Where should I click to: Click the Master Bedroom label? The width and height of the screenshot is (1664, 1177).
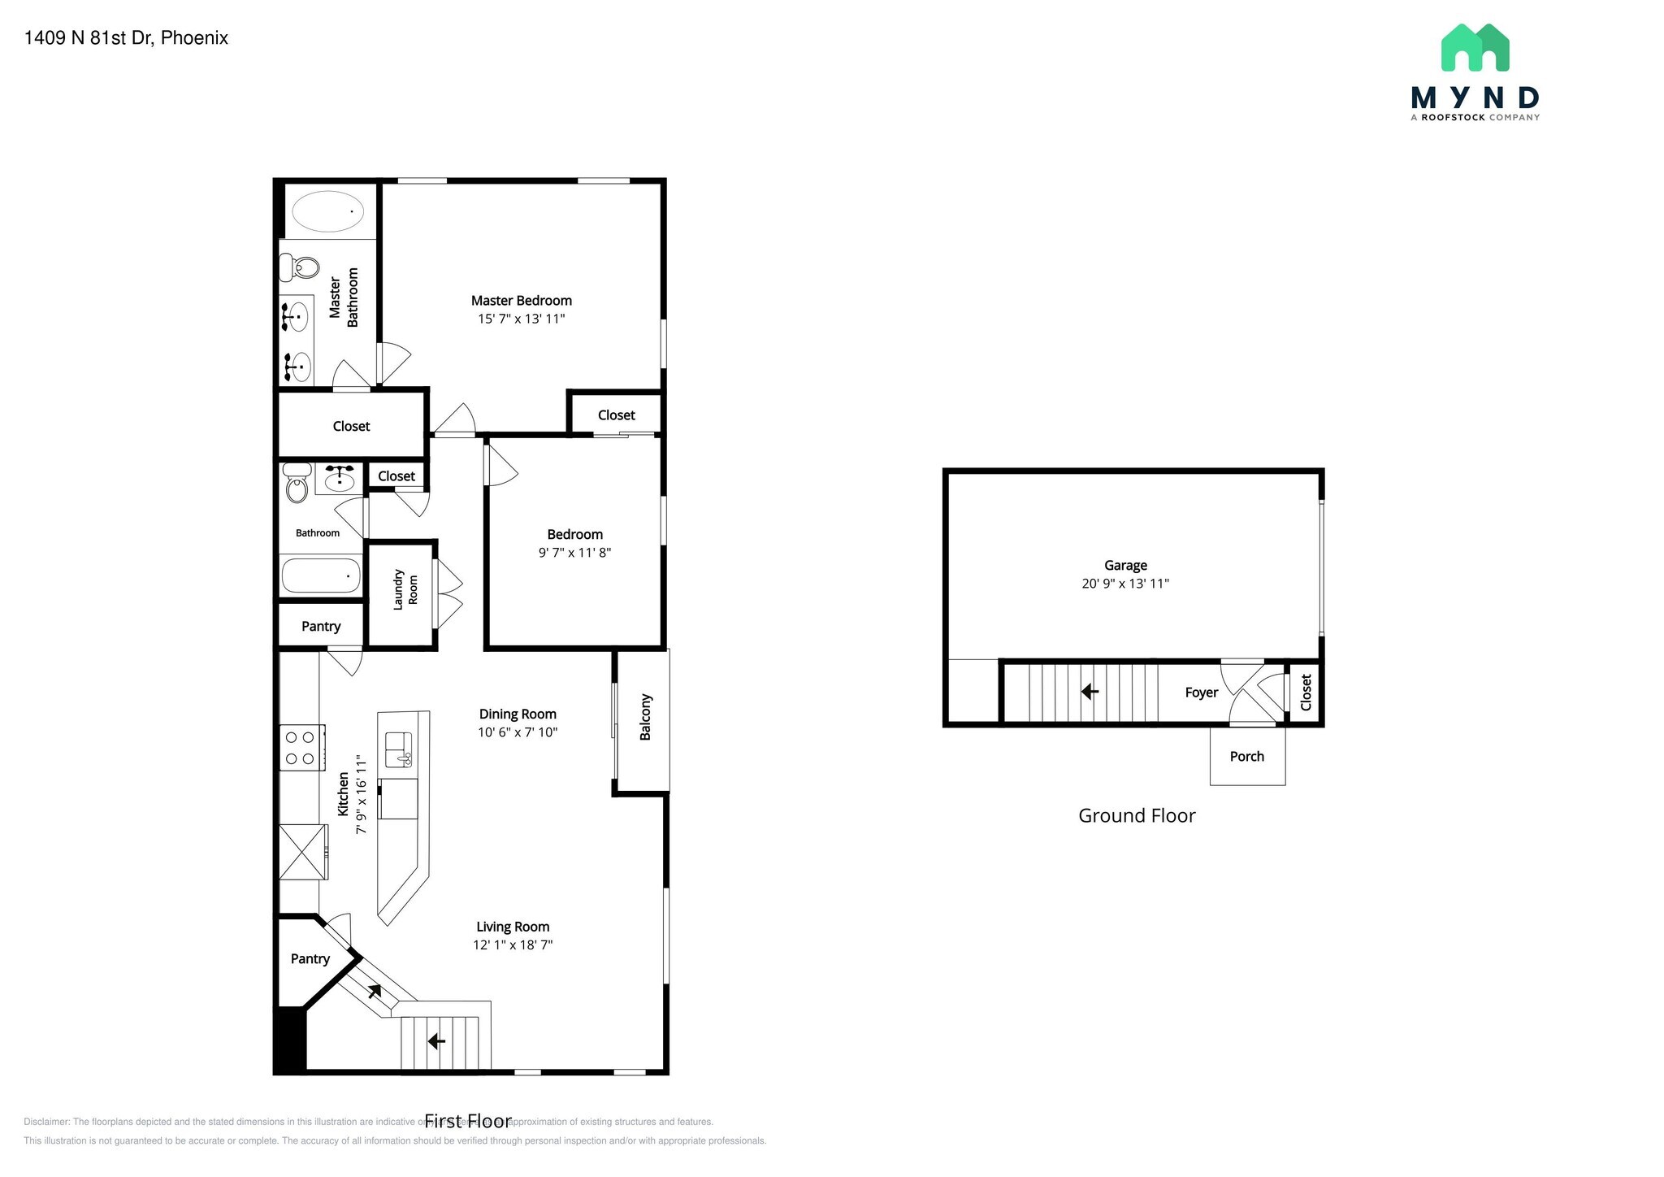(x=521, y=301)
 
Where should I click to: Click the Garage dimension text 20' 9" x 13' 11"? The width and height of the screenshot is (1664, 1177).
(x=1124, y=584)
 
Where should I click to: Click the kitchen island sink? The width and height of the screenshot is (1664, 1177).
(x=399, y=749)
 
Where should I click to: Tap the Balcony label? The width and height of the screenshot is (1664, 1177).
(x=646, y=717)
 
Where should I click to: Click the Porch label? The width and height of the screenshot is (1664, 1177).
(x=1246, y=757)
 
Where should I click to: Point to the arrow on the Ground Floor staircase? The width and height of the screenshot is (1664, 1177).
(x=1090, y=692)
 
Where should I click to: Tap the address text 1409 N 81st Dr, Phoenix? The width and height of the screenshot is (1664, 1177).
(x=126, y=38)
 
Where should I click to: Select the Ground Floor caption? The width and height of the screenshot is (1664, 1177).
(x=1136, y=816)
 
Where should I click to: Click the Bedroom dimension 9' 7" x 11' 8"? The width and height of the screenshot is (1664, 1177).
(x=574, y=553)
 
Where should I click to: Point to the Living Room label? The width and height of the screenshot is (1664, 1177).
(x=513, y=927)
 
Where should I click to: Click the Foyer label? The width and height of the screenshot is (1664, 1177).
(x=1201, y=693)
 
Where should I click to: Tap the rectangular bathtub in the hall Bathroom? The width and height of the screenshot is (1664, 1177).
(x=321, y=575)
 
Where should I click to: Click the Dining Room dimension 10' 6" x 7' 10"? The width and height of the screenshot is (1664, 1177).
(x=518, y=732)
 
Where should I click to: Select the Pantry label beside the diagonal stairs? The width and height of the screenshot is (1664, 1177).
(x=310, y=959)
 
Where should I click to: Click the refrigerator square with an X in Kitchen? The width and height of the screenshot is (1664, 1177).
(x=303, y=852)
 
